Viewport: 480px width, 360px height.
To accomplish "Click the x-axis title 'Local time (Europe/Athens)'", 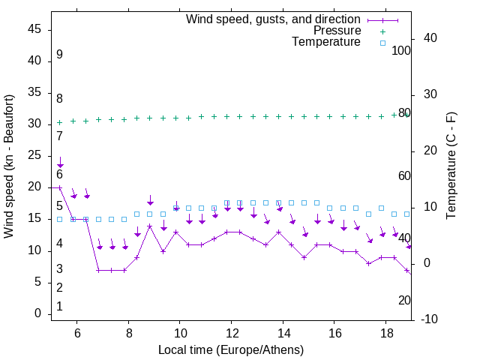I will (231, 350).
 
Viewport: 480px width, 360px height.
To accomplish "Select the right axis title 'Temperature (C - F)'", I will (451, 166).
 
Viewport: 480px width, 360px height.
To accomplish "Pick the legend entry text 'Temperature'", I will (326, 42).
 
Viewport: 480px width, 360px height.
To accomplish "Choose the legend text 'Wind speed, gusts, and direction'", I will (274, 19).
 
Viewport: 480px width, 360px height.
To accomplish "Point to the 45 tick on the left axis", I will (34, 28).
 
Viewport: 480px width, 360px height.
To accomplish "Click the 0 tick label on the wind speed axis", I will (37, 314).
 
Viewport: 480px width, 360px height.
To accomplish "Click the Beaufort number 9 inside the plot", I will (59, 55).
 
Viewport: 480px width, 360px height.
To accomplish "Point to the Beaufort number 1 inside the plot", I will (59, 306).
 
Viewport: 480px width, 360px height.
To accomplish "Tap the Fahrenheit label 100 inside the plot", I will (401, 51).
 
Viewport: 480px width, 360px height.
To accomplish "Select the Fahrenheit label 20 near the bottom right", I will (404, 300).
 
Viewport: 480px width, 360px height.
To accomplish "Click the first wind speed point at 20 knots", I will (60, 187).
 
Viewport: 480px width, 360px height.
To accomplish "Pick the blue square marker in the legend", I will (382, 43).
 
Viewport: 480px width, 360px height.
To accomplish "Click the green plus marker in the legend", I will (382, 31).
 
